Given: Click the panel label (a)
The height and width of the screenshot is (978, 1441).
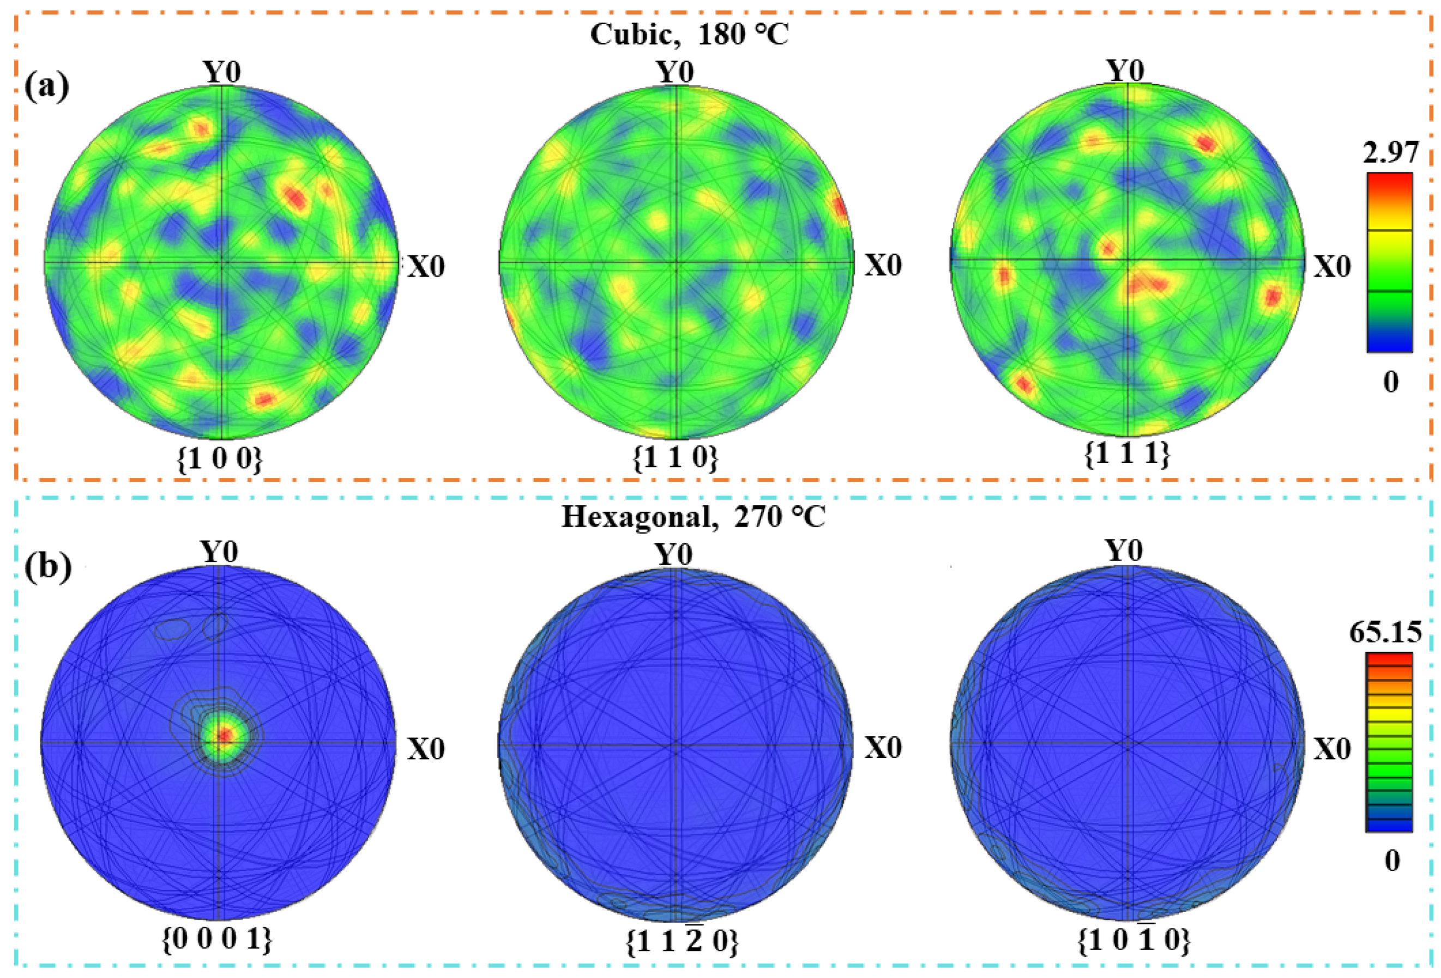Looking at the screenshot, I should pyautogui.click(x=46, y=86).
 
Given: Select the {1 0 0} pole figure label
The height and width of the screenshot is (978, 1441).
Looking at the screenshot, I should pyautogui.click(x=220, y=459).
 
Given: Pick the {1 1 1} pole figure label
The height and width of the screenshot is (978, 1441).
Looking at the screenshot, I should pyautogui.click(x=1128, y=454).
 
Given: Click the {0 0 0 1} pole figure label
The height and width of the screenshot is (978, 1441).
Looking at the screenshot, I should pyautogui.click(x=217, y=939).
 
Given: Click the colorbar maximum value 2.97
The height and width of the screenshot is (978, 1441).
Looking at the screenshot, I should pyautogui.click(x=1390, y=153).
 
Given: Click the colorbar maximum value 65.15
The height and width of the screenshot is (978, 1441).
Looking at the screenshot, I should pyautogui.click(x=1386, y=632).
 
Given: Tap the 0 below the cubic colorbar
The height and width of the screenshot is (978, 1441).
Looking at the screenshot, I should pyautogui.click(x=1391, y=382).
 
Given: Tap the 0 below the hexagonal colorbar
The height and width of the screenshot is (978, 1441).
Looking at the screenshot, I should pyautogui.click(x=1392, y=861).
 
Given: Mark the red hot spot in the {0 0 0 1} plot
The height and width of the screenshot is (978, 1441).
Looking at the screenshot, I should pyautogui.click(x=225, y=735).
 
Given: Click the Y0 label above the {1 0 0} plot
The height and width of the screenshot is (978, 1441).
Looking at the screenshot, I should pyautogui.click(x=222, y=72).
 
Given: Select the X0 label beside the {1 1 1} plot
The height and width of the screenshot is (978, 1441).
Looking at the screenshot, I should pyautogui.click(x=1333, y=266).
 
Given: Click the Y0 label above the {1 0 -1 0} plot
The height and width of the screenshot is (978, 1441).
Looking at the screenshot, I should pyautogui.click(x=1124, y=550).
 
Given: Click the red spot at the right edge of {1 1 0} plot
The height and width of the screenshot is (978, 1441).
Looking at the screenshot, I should pyautogui.click(x=840, y=208).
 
